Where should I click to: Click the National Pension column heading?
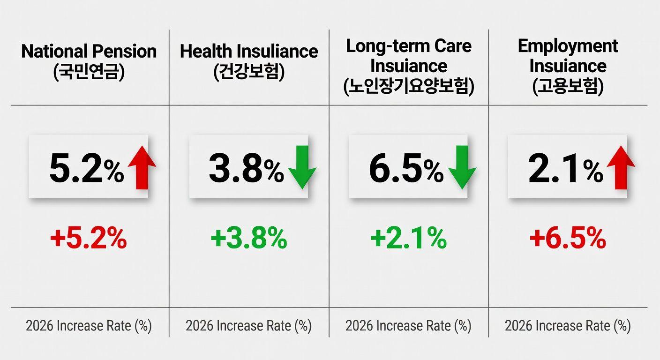[89, 51]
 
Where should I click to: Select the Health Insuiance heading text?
[249, 51]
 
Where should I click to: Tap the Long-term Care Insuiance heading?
[409, 56]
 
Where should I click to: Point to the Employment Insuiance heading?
[568, 56]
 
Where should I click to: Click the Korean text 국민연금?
[89, 73]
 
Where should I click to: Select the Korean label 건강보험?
[249, 73]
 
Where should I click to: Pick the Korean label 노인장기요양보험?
[409, 86]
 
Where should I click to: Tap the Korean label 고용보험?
[568, 86]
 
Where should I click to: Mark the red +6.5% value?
[568, 239]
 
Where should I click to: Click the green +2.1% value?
[409, 239]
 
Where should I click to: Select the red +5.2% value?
[89, 239]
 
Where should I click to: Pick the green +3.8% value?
[249, 239]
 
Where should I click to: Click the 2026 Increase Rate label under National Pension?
[89, 326]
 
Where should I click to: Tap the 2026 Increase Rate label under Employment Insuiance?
[568, 326]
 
